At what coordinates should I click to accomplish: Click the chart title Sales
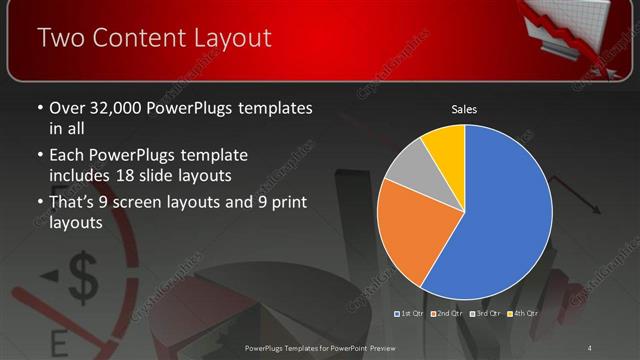point(463,108)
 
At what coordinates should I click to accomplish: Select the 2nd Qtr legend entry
point(445,314)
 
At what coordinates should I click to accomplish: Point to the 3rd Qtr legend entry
point(484,314)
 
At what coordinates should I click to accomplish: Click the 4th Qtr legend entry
point(522,314)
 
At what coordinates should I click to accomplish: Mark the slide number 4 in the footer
point(590,347)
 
